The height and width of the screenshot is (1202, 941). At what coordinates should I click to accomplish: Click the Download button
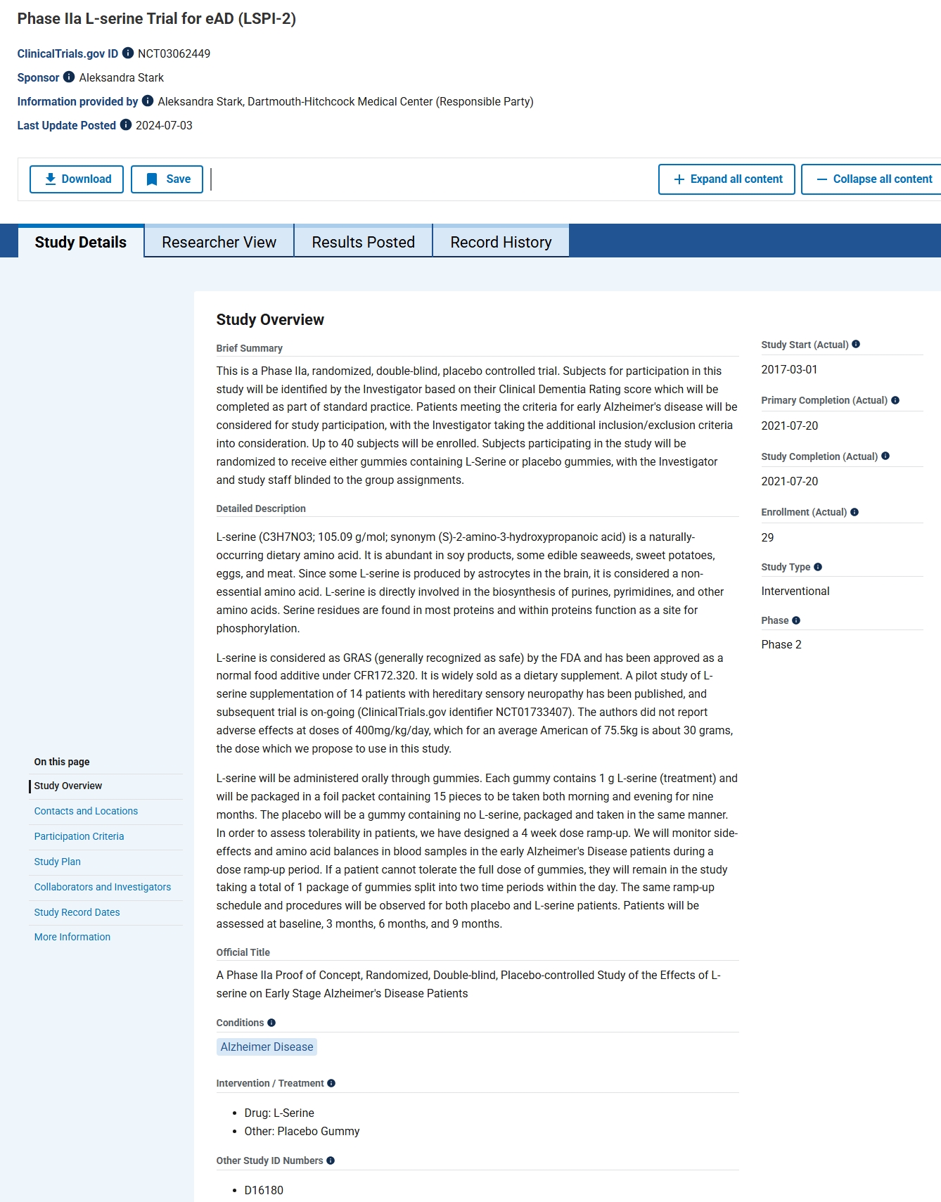coord(77,179)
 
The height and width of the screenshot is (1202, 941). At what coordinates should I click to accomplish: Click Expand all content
coord(726,179)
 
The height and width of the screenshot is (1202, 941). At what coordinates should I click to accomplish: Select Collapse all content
coord(874,179)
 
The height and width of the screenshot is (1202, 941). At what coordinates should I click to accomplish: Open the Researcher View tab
coord(219,242)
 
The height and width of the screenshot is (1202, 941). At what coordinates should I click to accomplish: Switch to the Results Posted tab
coord(363,242)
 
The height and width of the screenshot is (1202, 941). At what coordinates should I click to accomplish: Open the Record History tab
coord(501,242)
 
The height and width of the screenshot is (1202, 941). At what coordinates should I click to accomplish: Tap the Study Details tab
coord(81,242)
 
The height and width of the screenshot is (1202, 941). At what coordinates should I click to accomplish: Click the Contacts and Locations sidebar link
coord(86,811)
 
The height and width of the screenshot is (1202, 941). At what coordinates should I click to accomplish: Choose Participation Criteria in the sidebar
coord(79,836)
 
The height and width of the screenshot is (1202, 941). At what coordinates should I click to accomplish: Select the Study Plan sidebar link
coord(57,862)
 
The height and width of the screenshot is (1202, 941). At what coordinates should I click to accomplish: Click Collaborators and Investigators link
coord(103,887)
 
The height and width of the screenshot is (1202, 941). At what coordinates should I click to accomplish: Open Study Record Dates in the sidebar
coord(77,912)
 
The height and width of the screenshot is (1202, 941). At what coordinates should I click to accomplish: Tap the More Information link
coord(72,937)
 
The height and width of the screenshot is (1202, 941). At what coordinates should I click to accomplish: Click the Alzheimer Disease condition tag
coord(267,1047)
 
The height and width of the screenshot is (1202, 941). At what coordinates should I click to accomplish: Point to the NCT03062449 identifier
coord(174,53)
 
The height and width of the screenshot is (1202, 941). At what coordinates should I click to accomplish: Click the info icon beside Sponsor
coord(69,77)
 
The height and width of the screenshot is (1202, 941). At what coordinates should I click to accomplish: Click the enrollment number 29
coord(767,537)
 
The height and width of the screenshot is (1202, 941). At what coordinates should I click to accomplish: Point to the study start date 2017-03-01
coord(789,369)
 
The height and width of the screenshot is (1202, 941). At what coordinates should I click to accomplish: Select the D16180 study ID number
coord(264,1190)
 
